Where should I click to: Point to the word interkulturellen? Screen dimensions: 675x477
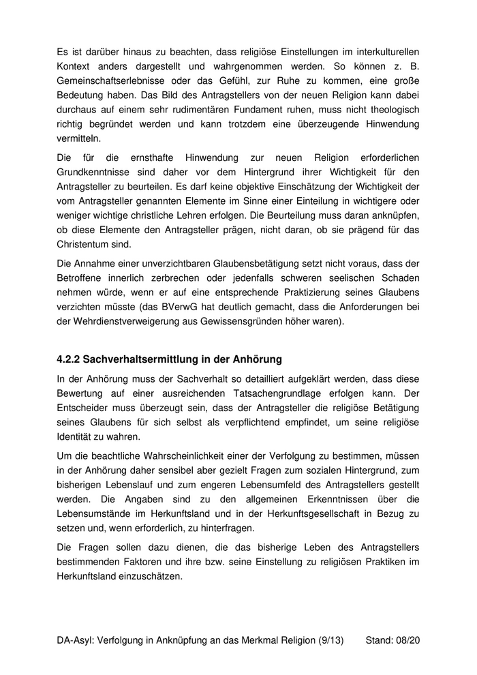[x=379, y=51]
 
